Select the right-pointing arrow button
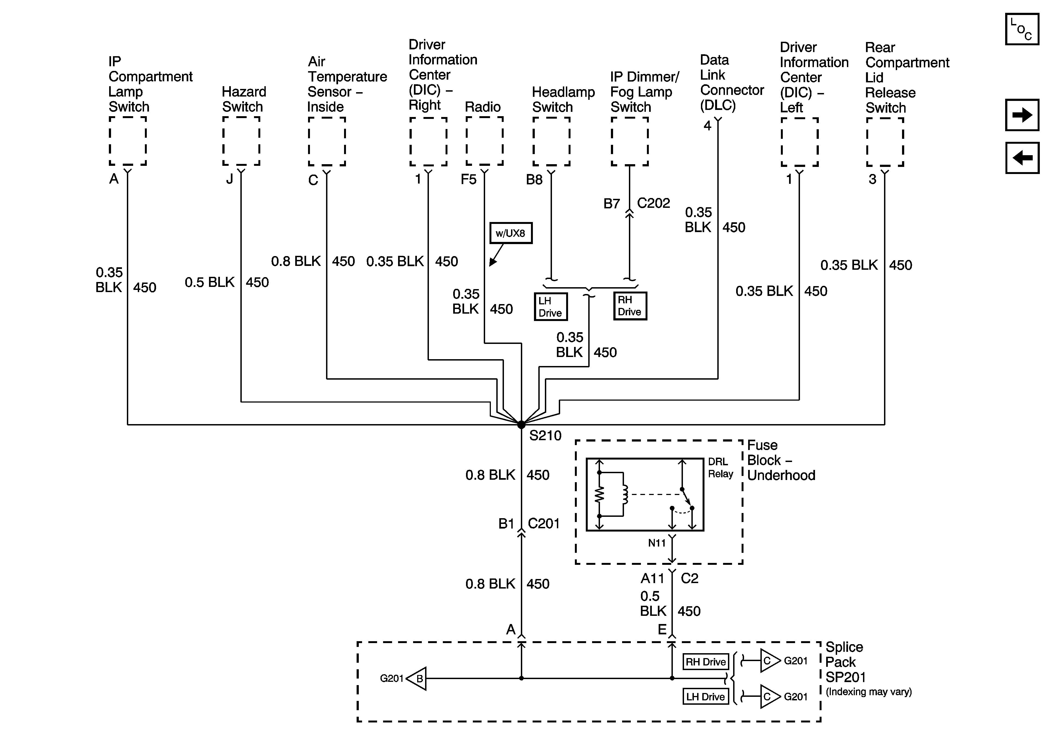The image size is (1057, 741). point(1022,115)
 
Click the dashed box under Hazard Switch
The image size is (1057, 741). point(241,141)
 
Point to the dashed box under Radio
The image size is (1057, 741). point(484,141)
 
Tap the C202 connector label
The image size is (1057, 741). point(653,203)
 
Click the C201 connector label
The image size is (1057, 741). point(544,523)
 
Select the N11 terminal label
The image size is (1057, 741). point(657,543)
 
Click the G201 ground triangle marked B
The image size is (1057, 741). point(417,678)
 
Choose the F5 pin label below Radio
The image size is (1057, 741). point(469,179)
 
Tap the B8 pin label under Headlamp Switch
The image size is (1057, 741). point(535,179)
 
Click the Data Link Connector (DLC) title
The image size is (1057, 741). point(731,83)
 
